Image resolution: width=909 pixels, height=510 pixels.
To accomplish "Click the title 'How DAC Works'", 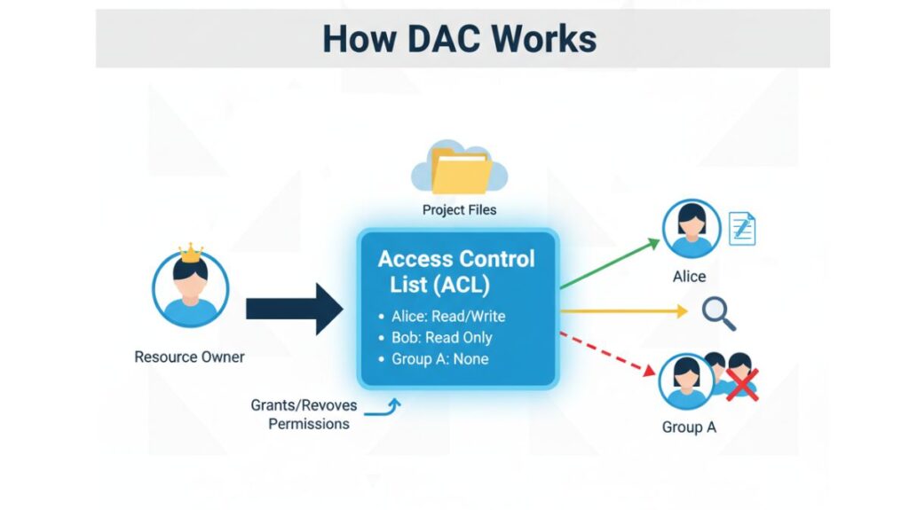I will (x=459, y=39).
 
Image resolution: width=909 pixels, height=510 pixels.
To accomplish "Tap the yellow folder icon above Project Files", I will (x=460, y=170).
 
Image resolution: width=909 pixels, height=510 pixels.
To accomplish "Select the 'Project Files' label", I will (x=459, y=210).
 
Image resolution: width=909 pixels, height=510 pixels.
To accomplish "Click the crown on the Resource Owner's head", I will (x=191, y=253).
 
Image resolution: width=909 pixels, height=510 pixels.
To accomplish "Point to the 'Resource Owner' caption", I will (x=189, y=357).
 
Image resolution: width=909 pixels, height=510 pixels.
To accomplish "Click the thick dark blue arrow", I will (x=294, y=308).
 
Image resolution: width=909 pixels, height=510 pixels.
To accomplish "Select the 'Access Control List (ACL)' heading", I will (x=456, y=271).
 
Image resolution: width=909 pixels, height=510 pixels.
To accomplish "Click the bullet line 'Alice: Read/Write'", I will (x=447, y=316).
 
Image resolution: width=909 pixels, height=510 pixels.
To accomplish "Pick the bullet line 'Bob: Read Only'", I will (x=440, y=338).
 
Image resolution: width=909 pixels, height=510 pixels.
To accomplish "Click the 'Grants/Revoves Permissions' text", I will (x=304, y=414).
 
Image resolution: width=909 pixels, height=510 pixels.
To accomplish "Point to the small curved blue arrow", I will (x=386, y=408).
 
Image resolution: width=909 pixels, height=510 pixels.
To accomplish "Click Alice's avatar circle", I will (x=691, y=229).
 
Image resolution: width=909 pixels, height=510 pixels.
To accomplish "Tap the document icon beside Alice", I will (x=741, y=229).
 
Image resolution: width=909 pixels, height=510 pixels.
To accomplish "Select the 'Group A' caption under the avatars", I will (x=689, y=428).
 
